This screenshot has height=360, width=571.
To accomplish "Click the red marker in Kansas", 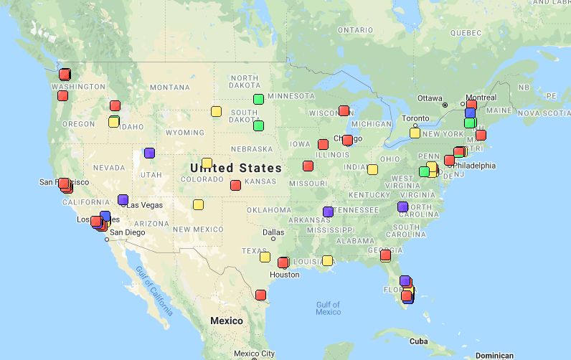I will click(235, 185).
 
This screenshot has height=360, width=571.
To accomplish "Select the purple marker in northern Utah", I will click(149, 153).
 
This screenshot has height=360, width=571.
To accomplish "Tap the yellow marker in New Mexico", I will click(198, 204).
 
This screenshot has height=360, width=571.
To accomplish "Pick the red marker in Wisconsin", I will click(344, 110).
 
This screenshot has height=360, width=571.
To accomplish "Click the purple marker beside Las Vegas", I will click(123, 199).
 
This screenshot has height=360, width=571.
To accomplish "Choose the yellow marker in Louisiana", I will click(327, 260).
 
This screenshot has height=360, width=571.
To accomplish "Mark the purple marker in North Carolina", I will click(402, 207).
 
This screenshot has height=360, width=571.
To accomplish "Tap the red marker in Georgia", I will click(385, 255).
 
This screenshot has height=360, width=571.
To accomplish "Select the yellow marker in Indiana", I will click(372, 169).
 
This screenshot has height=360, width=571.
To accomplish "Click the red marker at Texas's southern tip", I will click(260, 295).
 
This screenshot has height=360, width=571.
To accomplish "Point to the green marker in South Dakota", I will click(258, 125).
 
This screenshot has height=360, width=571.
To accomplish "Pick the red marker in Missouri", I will click(308, 166).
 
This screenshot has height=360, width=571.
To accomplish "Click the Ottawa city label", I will click(429, 98).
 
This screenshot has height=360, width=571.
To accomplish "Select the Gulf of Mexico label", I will click(328, 308).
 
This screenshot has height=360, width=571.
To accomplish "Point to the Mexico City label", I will click(254, 354).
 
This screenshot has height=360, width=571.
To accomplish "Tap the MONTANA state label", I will click(170, 87).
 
